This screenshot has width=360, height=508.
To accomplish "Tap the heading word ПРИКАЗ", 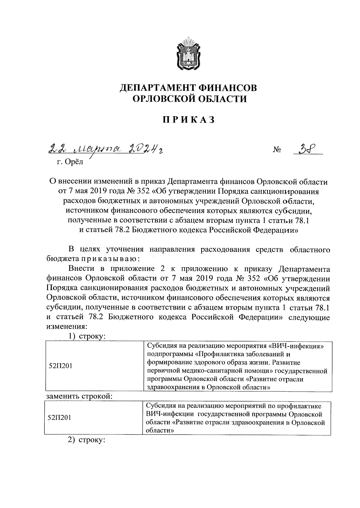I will point(189,119).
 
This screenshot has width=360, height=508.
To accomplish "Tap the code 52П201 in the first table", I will point(60,366).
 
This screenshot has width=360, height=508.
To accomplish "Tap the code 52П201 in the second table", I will point(59,418).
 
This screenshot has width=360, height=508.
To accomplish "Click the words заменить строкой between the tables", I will point(79,396).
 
